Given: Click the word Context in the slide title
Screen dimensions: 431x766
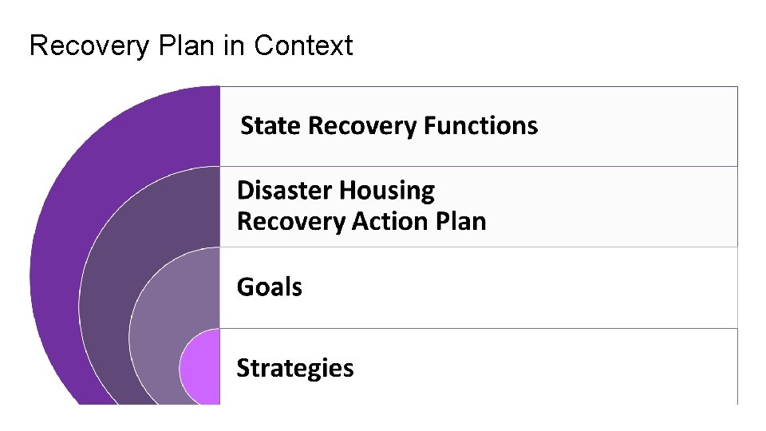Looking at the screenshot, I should (x=303, y=46).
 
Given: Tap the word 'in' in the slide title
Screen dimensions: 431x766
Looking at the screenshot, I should (x=234, y=46).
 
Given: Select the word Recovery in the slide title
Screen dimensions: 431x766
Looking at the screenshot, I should (x=89, y=46).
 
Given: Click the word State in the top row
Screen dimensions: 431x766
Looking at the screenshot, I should (x=271, y=126).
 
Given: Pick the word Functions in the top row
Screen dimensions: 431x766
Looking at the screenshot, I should (x=480, y=126).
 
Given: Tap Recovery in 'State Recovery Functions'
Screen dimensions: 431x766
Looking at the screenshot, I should (x=363, y=126).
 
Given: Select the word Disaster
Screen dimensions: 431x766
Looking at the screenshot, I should (x=285, y=191).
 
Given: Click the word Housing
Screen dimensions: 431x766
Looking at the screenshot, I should (x=387, y=191).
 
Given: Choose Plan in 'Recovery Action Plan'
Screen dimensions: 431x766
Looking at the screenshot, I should (x=460, y=221).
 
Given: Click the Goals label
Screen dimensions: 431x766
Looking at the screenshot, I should (x=270, y=287).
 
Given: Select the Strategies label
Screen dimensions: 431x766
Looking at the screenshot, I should (x=295, y=368).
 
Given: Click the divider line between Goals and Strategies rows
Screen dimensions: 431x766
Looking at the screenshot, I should (x=479, y=328).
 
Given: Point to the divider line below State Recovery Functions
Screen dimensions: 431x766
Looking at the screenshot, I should (x=479, y=166).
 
